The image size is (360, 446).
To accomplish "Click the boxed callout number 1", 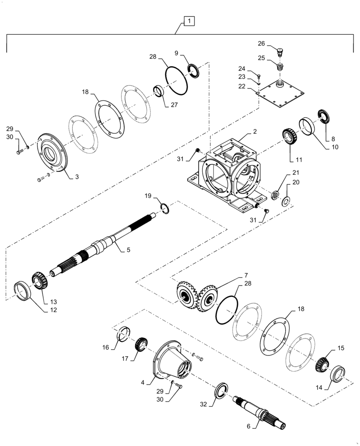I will click(x=189, y=21).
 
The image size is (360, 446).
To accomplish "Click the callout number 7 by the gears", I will click(x=246, y=275).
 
